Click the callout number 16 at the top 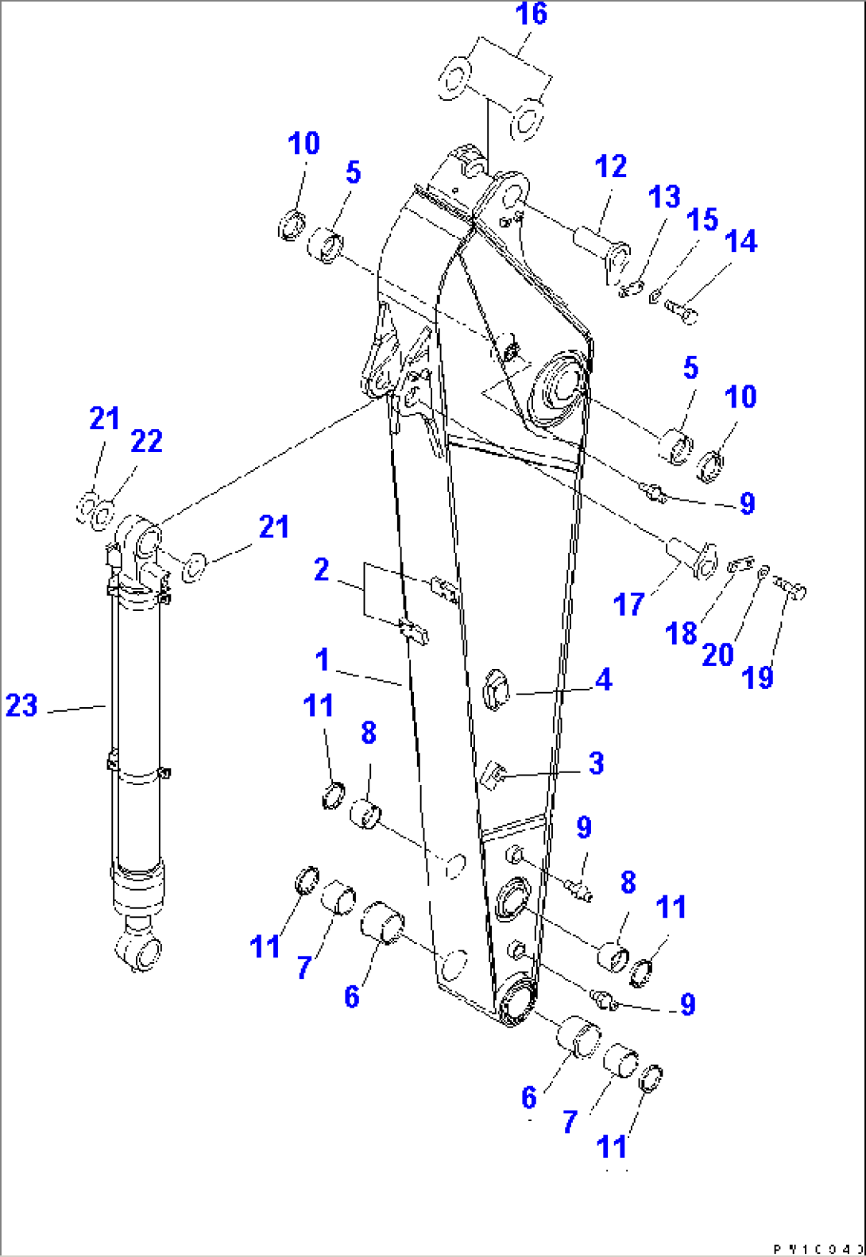[x=532, y=14]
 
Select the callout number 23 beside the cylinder [x=21, y=706]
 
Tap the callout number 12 [x=610, y=167]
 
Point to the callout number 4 [x=604, y=680]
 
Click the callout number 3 [x=596, y=764]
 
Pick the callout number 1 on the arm [x=322, y=659]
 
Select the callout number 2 [x=321, y=570]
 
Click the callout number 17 [x=628, y=605]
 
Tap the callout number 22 [x=146, y=442]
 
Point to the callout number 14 [x=740, y=242]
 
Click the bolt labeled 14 [x=680, y=311]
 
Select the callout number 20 [x=717, y=656]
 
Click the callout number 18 [x=681, y=634]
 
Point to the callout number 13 [x=664, y=197]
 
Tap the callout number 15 [x=702, y=220]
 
